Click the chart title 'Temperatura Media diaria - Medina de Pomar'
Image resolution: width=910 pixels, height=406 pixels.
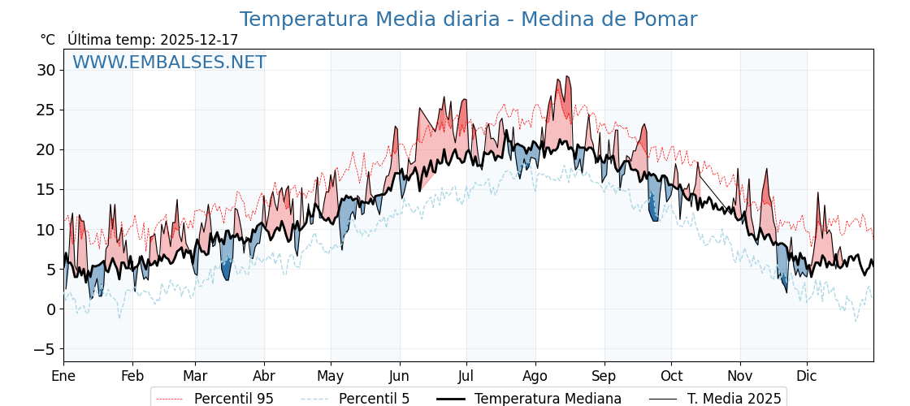point(468,19)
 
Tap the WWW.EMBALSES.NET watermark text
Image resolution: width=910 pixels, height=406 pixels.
point(169,63)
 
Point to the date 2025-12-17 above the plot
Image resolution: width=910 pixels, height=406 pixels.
point(199,40)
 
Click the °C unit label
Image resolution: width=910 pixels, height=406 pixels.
point(47,40)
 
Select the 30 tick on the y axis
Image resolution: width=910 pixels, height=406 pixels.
point(45,70)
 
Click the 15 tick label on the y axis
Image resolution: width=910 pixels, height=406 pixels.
point(45,189)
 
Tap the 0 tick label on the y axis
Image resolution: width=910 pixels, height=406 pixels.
point(50,309)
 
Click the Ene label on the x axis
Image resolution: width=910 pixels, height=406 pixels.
point(63,376)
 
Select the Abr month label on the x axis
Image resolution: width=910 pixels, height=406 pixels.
point(264,376)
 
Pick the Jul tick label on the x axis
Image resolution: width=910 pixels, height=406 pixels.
point(466,376)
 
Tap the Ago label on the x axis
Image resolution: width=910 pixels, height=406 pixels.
point(535,376)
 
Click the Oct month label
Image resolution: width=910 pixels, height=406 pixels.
point(671,376)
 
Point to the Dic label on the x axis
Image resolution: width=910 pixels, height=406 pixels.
point(807,376)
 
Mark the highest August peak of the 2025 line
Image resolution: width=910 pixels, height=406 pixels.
point(567,76)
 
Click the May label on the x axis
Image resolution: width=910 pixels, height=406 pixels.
point(331,376)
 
